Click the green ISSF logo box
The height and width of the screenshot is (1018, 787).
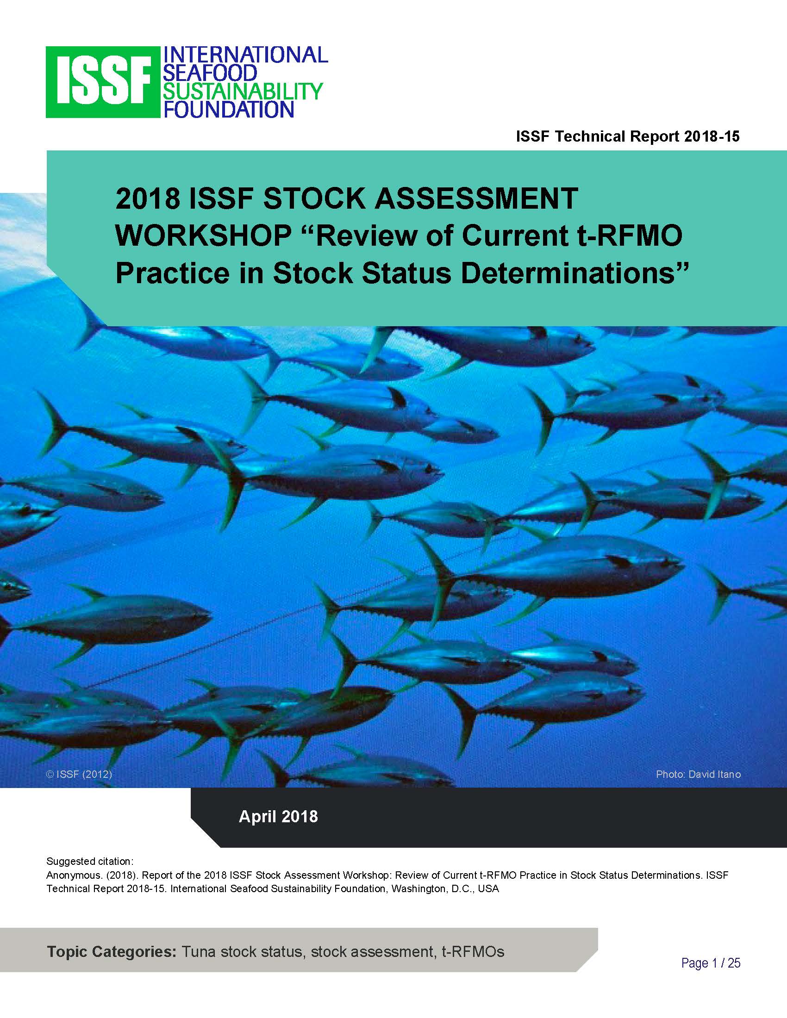(103, 82)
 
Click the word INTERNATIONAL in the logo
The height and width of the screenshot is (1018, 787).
(245, 55)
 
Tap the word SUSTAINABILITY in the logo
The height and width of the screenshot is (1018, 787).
(243, 91)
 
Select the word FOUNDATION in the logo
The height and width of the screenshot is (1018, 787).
(228, 110)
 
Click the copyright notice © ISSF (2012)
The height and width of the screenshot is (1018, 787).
(79, 775)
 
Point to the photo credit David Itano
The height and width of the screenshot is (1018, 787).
(698, 775)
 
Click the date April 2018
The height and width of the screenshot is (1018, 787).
(278, 817)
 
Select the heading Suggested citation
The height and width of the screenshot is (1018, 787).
(90, 861)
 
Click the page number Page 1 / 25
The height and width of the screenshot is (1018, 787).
(711, 963)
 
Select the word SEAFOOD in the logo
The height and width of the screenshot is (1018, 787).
(209, 73)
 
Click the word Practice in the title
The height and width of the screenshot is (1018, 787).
(172, 273)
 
